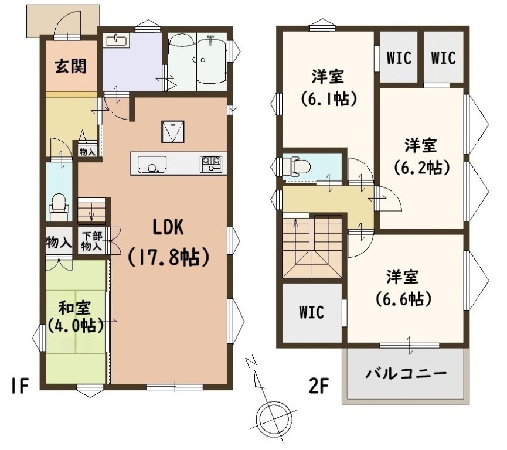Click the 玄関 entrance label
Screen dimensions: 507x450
click(71, 66)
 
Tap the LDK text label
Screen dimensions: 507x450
click(168, 227)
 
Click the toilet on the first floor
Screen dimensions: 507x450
click(59, 207)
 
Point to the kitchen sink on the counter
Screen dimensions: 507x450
click(152, 165)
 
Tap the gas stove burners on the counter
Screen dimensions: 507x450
click(211, 163)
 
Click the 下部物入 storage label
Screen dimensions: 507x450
click(92, 241)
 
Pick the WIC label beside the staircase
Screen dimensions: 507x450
click(311, 312)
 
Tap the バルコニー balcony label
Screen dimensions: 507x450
click(406, 374)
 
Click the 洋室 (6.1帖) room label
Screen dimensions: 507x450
click(328, 87)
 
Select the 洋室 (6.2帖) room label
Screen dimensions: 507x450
click(421, 156)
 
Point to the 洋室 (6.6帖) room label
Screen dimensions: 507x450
click(403, 288)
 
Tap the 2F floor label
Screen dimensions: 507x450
click(319, 386)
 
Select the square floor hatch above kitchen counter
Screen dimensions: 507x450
click(173, 132)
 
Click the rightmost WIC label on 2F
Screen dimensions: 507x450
click(443, 58)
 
